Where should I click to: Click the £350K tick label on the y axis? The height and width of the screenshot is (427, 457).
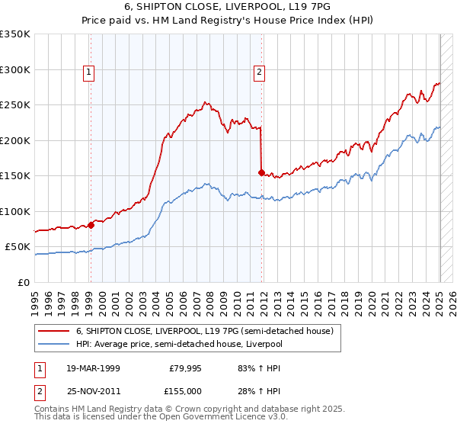(15, 34)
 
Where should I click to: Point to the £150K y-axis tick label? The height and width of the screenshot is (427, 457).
(15, 176)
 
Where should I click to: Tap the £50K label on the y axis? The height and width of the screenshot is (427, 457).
(18, 247)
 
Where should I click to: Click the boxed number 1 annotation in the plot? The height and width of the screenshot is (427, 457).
(89, 72)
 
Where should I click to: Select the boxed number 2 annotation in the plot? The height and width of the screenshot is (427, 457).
(259, 72)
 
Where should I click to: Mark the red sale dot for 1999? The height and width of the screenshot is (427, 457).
(91, 225)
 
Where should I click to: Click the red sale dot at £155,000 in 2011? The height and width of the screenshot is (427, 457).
(261, 173)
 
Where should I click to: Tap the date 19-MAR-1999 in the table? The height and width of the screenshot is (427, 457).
(93, 368)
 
